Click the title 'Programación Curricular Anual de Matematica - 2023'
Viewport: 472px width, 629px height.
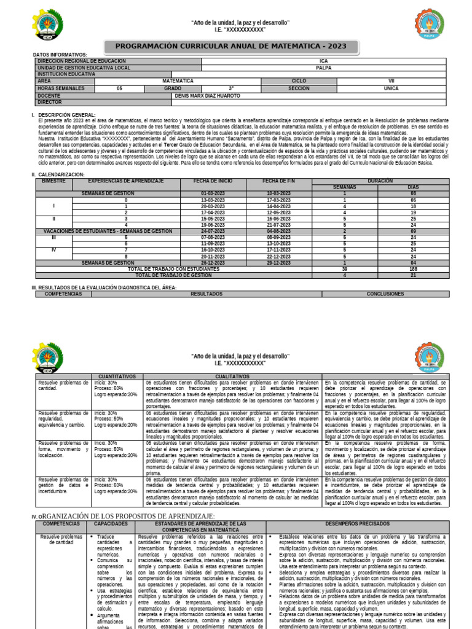click(x=231, y=46)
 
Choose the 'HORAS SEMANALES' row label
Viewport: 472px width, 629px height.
click(x=58, y=88)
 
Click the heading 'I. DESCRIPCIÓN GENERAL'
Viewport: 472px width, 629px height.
click(x=66, y=115)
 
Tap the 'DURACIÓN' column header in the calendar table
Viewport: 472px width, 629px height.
click(x=379, y=181)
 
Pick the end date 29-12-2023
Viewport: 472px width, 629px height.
click(x=278, y=262)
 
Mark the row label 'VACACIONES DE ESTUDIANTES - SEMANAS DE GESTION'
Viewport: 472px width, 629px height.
click(x=108, y=230)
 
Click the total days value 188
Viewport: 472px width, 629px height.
click(x=412, y=268)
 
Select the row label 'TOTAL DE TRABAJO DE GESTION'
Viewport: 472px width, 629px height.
click(x=174, y=275)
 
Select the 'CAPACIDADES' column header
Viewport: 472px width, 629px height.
click(x=111, y=523)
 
